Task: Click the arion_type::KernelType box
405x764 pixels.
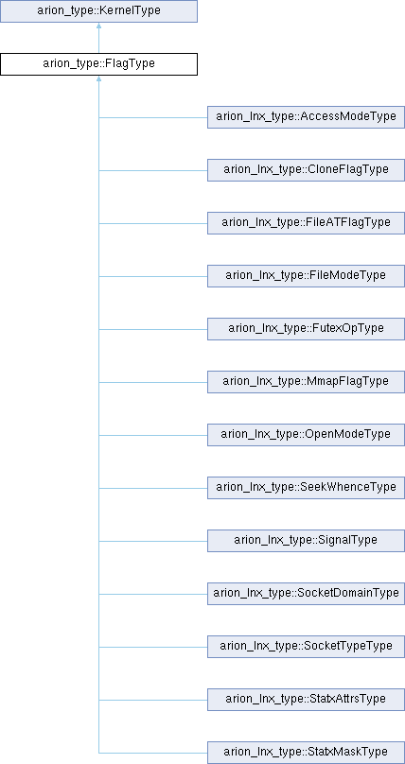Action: pyautogui.click(x=98, y=11)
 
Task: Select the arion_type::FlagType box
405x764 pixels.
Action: pyautogui.click(x=98, y=64)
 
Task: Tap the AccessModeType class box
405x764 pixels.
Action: pyautogui.click(x=306, y=117)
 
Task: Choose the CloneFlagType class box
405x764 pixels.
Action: pyautogui.click(x=306, y=170)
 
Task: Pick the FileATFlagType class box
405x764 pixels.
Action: pyautogui.click(x=306, y=223)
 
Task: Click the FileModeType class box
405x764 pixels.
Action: pyautogui.click(x=306, y=276)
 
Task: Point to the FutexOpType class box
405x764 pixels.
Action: pyautogui.click(x=306, y=329)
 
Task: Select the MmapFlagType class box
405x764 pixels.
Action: pyautogui.click(x=306, y=382)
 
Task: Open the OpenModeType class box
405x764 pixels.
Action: pyautogui.click(x=306, y=435)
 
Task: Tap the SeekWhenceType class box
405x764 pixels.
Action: pyautogui.click(x=306, y=488)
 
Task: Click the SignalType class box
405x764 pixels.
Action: pyautogui.click(x=306, y=541)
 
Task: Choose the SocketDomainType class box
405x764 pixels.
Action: pyautogui.click(x=306, y=594)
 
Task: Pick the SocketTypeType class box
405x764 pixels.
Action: pyautogui.click(x=306, y=647)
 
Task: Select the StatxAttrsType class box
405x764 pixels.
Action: pyautogui.click(x=306, y=700)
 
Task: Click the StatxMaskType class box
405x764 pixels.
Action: pyautogui.click(x=306, y=753)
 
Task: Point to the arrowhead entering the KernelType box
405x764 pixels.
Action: pyautogui.click(x=99, y=26)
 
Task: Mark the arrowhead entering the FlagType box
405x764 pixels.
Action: pyautogui.click(x=99, y=78)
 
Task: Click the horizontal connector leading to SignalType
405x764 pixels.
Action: pyautogui.click(x=153, y=541)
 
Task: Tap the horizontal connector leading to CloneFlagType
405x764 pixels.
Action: pyautogui.click(x=153, y=170)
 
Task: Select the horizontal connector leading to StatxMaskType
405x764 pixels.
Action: pyautogui.click(x=153, y=753)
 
